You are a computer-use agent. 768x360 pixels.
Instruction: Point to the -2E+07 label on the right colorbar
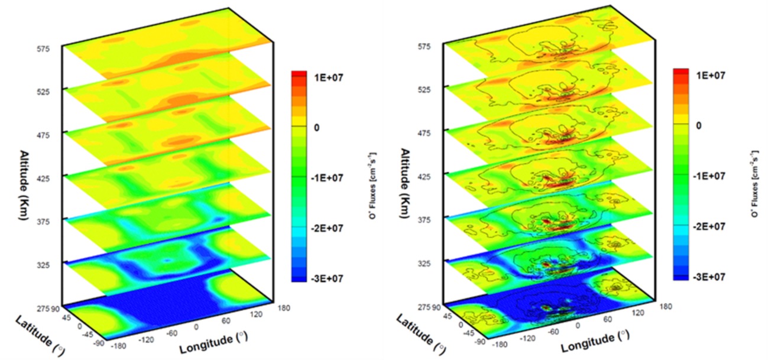tap(707, 226)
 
